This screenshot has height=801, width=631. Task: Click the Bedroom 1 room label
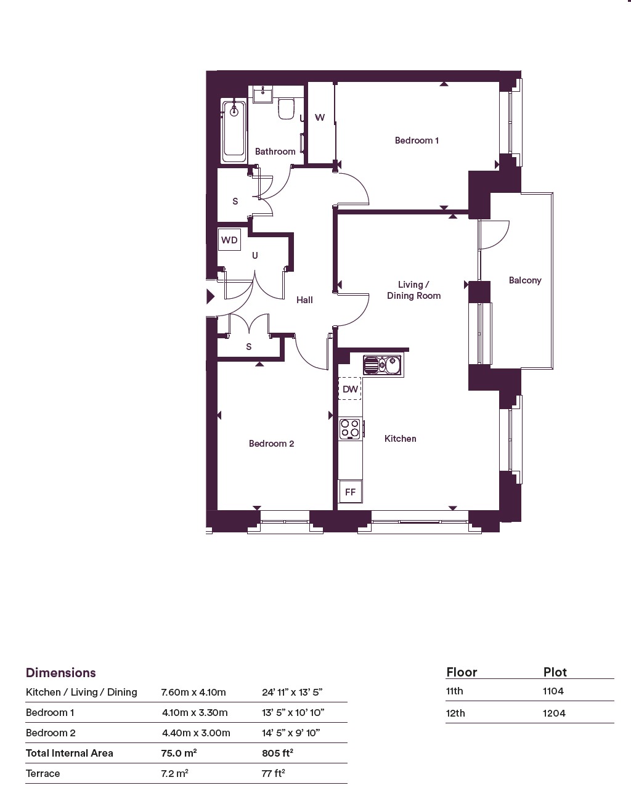click(417, 140)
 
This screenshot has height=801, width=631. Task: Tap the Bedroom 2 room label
click(271, 443)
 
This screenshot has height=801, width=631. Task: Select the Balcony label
click(525, 280)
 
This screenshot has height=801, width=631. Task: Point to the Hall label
click(304, 299)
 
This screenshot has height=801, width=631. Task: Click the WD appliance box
click(229, 240)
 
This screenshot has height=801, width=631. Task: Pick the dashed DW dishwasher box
click(350, 389)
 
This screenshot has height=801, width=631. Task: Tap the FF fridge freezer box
click(350, 492)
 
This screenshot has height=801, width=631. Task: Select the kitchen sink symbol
click(383, 365)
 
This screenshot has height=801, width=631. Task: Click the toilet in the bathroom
click(287, 108)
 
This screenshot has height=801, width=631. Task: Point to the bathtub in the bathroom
click(234, 131)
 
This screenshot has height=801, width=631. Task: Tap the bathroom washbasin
click(263, 94)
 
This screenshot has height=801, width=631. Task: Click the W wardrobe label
click(320, 118)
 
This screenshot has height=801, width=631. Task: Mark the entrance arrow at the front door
click(211, 296)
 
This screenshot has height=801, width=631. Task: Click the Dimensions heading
click(60, 673)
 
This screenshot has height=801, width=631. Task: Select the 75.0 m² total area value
click(179, 753)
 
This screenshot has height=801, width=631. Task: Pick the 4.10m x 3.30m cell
click(195, 712)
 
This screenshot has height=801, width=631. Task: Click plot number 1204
click(554, 713)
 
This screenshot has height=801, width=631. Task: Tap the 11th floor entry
click(455, 691)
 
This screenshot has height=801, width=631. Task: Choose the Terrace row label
click(43, 773)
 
